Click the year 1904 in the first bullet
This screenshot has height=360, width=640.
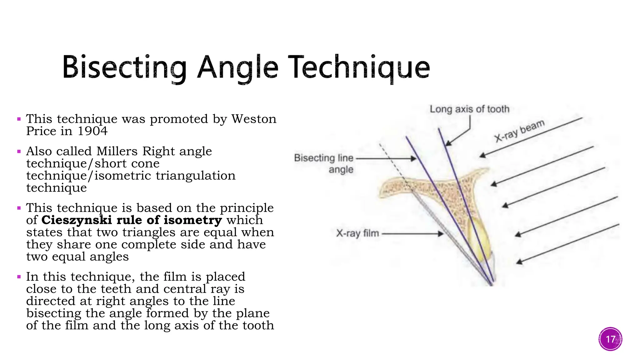[92, 131]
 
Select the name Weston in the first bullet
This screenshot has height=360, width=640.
[254, 119]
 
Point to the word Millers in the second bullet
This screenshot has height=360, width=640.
[117, 151]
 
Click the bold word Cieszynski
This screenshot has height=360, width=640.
[77, 220]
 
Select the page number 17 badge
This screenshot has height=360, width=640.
[610, 339]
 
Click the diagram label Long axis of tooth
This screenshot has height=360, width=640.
[469, 109]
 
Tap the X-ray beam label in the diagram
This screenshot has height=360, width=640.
[519, 131]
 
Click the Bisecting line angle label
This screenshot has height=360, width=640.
[324, 163]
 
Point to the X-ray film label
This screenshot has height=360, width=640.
[357, 233]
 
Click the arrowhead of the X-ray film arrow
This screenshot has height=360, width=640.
[441, 234]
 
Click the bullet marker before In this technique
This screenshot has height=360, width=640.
[19, 277]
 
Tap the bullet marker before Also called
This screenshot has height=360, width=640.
[19, 152]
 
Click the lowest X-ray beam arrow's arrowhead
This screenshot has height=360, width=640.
[519, 262]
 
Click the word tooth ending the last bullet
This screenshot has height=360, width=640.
[258, 325]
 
